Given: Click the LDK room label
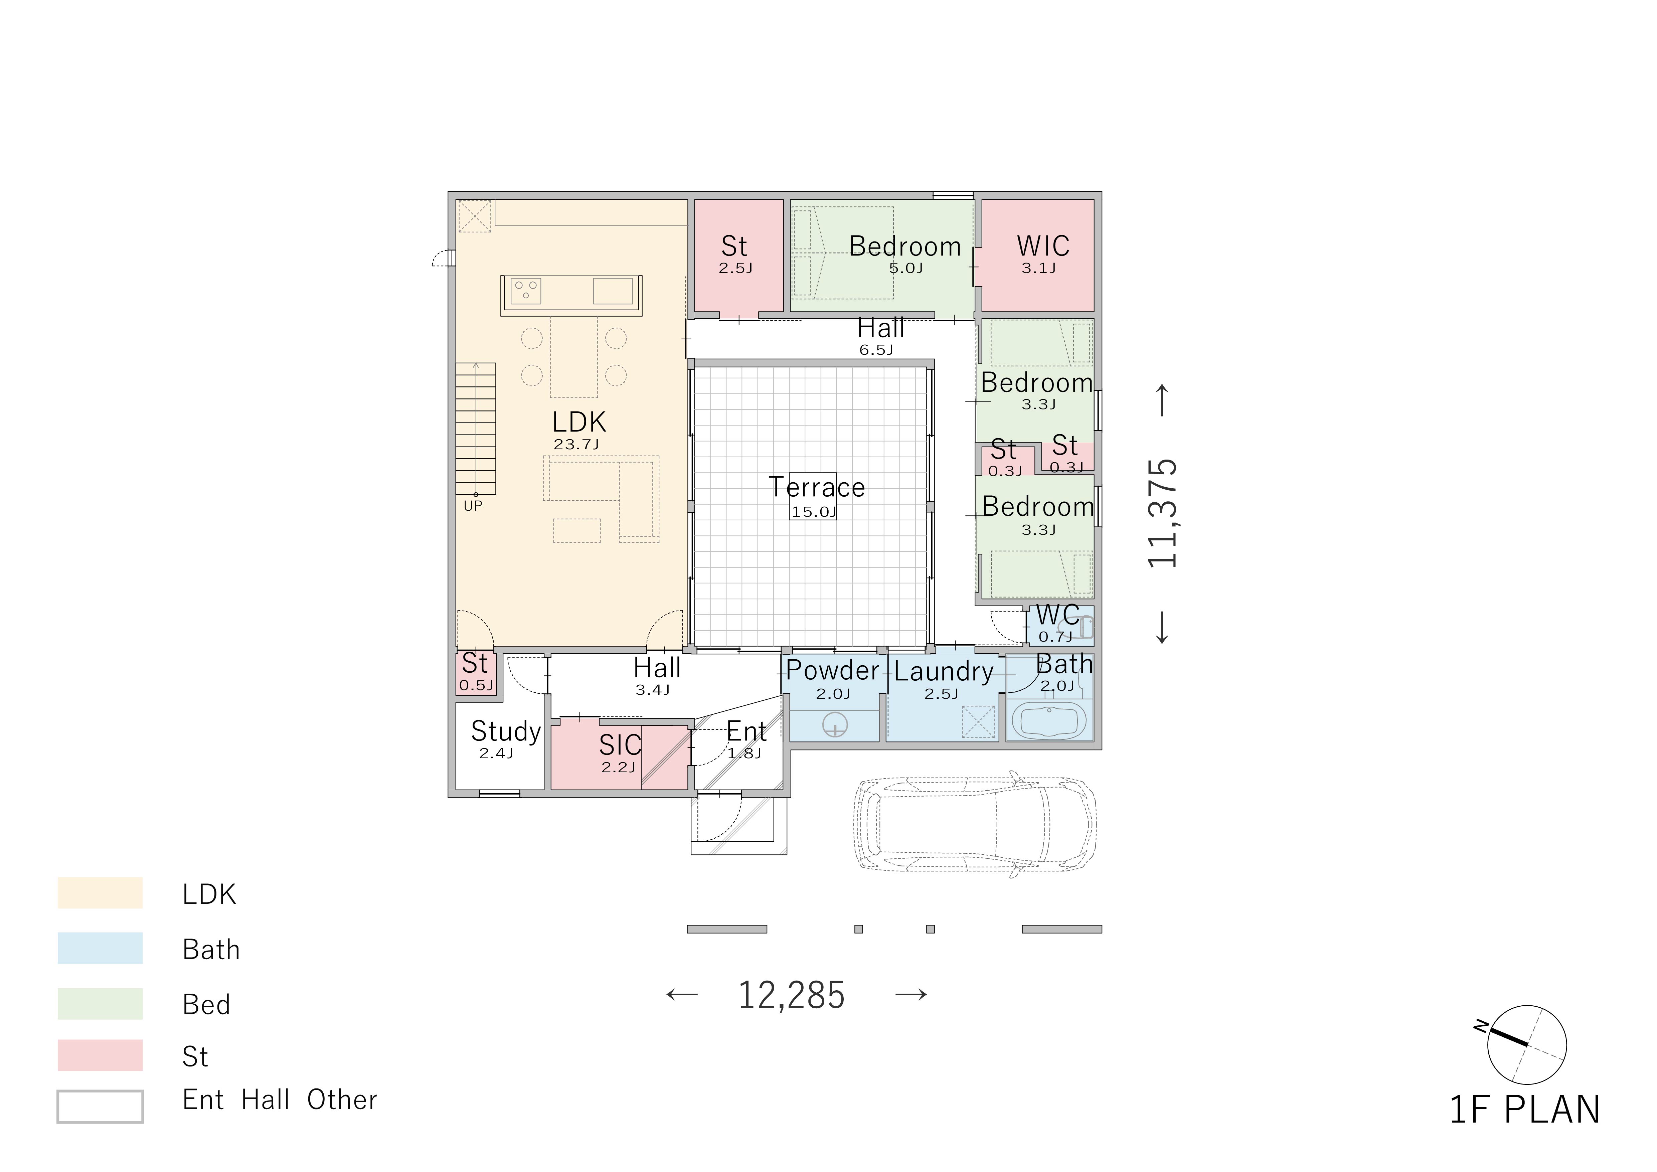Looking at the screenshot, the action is point(579,422).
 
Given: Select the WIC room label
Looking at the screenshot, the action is point(1043,246).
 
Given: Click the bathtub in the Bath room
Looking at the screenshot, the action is point(1050,720).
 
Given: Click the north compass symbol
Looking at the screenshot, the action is point(1526,1044).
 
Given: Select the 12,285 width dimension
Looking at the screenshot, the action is point(791,995).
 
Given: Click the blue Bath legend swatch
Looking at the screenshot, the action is point(100,948).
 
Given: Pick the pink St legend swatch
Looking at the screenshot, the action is point(100,1055).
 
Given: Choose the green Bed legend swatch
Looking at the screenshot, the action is point(100,1003).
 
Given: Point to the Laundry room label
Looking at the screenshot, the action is point(943,672).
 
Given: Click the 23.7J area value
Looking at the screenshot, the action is point(576,445).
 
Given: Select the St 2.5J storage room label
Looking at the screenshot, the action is point(735,254).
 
